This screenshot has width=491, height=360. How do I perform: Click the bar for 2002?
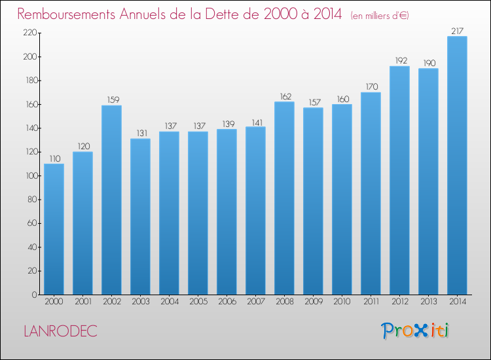pyautogui.click(x=111, y=200)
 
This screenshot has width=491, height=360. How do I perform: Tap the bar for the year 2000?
pyautogui.click(x=54, y=229)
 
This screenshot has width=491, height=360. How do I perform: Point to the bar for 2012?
pyautogui.click(x=399, y=180)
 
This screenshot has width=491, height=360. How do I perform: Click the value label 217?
pyautogui.click(x=457, y=30)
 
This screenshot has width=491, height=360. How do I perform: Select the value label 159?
pyautogui.click(x=111, y=99)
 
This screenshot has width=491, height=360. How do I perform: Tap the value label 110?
pyautogui.click(x=54, y=158)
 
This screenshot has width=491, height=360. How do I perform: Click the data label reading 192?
pyautogui.click(x=399, y=60)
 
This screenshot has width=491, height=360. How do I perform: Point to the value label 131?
pyautogui.click(x=140, y=133)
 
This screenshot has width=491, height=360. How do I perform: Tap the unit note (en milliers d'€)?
pyautogui.click(x=380, y=15)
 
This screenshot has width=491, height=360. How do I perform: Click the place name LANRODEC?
pyautogui.click(x=60, y=331)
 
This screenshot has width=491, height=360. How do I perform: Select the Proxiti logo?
pyautogui.click(x=415, y=331)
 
